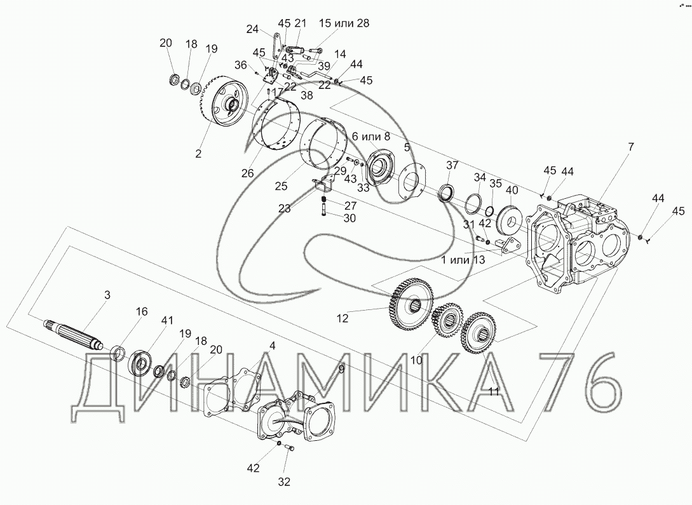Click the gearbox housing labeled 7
click(583, 243)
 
